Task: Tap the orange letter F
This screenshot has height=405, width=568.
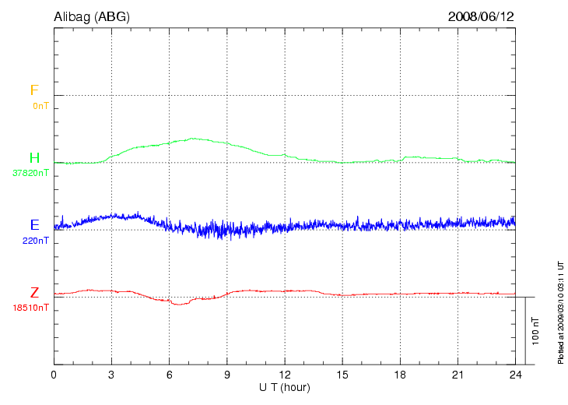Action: tap(34, 90)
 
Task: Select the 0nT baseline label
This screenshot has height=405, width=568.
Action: tap(40, 105)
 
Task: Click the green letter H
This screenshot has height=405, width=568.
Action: tap(34, 158)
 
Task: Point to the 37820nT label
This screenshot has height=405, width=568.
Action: tap(31, 173)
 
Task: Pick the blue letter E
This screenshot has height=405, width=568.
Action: tap(34, 225)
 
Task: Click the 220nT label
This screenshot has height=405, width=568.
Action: tap(36, 241)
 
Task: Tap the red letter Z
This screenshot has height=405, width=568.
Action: tap(34, 293)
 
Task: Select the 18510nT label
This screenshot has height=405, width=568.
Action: tap(31, 308)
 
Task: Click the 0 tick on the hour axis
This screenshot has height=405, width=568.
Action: tap(54, 375)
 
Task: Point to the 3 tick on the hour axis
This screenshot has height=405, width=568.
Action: tap(111, 375)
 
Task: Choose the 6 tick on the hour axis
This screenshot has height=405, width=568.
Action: tap(169, 375)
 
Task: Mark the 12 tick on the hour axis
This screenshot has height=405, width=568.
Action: tap(285, 375)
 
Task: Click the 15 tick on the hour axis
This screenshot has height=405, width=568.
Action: tap(342, 375)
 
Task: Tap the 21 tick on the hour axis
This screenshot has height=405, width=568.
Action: tap(458, 375)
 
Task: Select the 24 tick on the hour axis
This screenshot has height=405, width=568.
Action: tap(515, 375)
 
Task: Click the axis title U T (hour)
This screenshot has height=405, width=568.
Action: tap(285, 387)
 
